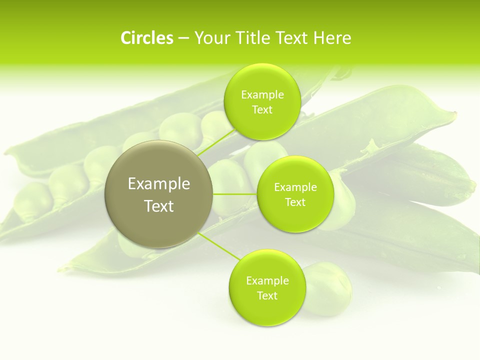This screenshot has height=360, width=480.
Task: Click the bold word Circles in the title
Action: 146,37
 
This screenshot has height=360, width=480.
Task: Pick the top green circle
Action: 262,101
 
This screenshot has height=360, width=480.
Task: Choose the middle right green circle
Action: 295,194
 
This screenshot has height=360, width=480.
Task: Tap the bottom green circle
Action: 266,287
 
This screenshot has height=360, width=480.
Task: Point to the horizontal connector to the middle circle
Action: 235,194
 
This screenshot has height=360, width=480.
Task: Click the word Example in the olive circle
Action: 159,183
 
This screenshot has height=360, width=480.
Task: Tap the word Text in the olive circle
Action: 159,206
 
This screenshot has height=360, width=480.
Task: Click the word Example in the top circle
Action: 262,94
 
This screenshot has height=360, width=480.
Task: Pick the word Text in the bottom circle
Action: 267,295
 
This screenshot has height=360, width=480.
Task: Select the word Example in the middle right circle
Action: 295,187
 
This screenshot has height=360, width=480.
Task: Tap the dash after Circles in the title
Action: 183,37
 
